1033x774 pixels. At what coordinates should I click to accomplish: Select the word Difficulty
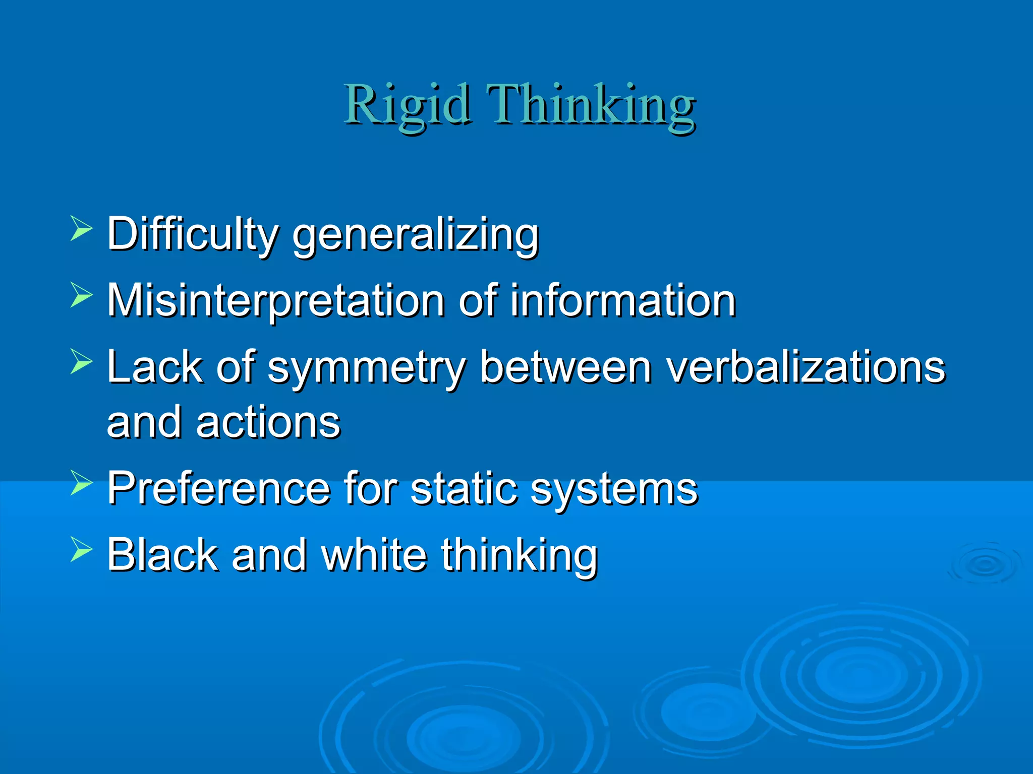tap(192, 234)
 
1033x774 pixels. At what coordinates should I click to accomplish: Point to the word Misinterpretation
tap(276, 301)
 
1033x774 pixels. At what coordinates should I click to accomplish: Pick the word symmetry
tap(367, 368)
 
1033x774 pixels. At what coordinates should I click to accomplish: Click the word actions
tap(268, 422)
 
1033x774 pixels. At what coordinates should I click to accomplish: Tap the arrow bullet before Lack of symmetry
tap(81, 361)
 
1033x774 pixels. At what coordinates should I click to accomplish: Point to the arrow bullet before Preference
tap(81, 482)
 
